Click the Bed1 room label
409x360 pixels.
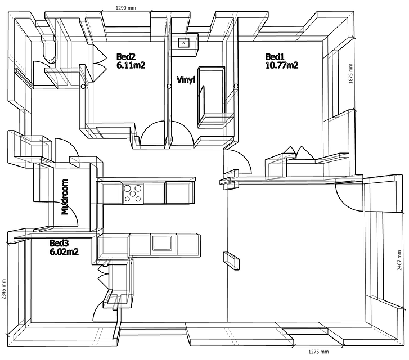[x=275, y=57]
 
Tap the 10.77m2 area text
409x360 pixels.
[x=282, y=65]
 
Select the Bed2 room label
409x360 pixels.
[x=126, y=57]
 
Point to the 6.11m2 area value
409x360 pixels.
[x=131, y=65]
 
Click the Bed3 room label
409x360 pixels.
[x=59, y=243]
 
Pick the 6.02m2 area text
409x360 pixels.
[x=64, y=252]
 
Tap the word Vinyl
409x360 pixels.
[x=186, y=79]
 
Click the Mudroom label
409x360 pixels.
[x=65, y=197]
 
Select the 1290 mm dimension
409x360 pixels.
[x=125, y=8]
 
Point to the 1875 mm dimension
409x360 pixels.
[x=350, y=74]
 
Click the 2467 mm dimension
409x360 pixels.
[x=399, y=260]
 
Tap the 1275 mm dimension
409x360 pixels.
[x=318, y=352]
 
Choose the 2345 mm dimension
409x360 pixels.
[x=3, y=289]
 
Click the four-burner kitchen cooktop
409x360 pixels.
[x=133, y=193]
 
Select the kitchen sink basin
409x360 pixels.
[x=162, y=243]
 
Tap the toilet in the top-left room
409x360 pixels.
[x=49, y=48]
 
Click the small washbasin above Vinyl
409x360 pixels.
[x=184, y=43]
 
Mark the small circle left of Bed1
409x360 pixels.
[x=236, y=86]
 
